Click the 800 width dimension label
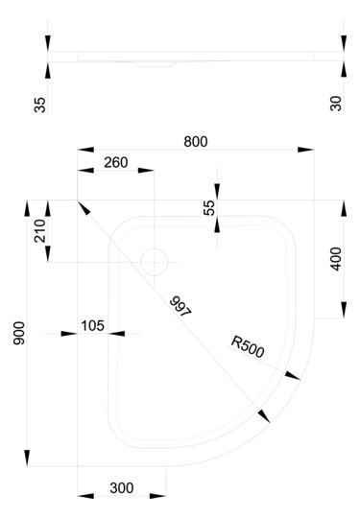tap(195, 140)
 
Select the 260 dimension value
tap(114, 162)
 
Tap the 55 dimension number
tap(209, 207)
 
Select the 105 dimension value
tap(92, 325)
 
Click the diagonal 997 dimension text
tap(180, 306)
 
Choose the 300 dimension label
tap(121, 487)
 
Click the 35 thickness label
tap(39, 102)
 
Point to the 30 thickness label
tap(336, 102)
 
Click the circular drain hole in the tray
tap(154, 260)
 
